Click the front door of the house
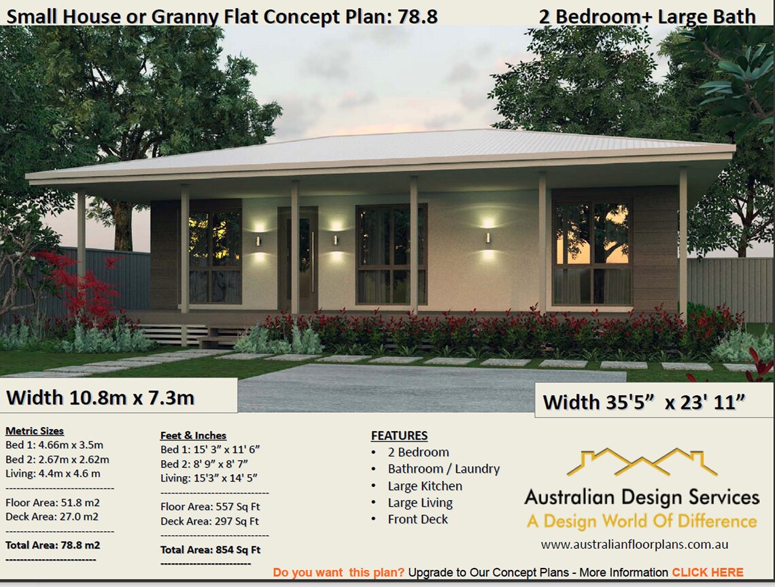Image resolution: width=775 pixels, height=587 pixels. click(300, 258)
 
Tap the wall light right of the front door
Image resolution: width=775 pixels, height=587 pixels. click(335, 239)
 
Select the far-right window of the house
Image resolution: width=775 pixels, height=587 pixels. click(592, 252)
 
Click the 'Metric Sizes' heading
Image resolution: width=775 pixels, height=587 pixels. click(35, 431)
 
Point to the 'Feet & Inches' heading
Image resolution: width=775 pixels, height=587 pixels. click(193, 435)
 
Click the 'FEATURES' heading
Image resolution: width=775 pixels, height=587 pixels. click(399, 435)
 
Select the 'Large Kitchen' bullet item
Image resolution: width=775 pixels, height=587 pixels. click(425, 486)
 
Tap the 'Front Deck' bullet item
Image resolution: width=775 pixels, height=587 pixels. click(417, 519)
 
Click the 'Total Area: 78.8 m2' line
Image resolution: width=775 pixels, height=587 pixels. click(52, 545)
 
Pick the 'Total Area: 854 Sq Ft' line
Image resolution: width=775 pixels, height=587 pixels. click(210, 550)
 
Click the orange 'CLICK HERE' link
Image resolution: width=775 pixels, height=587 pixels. click(707, 572)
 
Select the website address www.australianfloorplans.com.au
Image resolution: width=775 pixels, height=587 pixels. click(634, 544)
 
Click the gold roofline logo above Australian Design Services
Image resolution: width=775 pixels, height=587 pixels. click(641, 462)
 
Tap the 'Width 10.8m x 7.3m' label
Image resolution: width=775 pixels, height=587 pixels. click(100, 397)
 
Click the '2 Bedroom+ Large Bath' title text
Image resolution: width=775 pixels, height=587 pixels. click(647, 16)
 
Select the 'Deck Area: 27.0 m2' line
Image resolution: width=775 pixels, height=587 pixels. click(52, 516)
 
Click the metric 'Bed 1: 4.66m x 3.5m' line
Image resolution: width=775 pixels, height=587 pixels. click(54, 445)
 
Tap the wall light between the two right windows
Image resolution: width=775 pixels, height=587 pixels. click(487, 238)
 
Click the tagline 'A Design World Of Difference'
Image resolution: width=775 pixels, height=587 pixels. click(641, 522)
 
